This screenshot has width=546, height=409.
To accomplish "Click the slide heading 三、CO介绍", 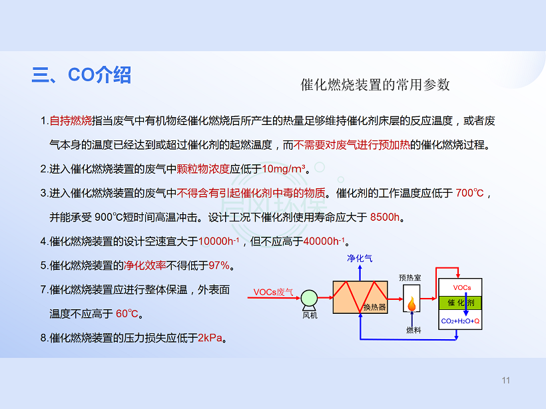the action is coord(81,74).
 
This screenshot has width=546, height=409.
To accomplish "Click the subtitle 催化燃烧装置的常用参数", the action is coord(376,84).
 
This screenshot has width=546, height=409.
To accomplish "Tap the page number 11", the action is coord(506,380).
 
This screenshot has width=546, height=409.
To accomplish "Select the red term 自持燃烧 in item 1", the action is coord(71,120).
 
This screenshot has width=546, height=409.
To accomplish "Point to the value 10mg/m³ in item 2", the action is coord(284,169).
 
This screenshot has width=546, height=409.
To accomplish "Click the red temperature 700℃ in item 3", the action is coord(469,193).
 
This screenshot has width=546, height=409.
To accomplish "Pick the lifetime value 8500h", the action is coord(384,217).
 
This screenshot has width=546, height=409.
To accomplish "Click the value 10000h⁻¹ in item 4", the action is coord(218,241).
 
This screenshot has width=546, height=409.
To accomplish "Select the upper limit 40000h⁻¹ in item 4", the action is coord(324,241).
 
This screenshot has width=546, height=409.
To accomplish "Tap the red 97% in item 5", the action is coord(219,265).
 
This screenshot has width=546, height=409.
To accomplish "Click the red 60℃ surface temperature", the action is coord(127,314).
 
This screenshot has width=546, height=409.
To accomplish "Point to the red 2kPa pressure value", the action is coord(210,338).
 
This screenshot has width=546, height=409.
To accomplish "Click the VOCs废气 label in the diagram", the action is coord(274,292).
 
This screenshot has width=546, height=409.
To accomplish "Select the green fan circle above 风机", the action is coord(309,298).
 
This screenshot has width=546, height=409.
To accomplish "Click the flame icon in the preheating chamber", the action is coord(411,304).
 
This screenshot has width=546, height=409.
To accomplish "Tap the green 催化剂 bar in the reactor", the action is coord(460,303).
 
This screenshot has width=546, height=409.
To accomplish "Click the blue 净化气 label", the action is coord(360,259).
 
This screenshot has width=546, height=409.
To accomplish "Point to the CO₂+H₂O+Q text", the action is coord(460,321).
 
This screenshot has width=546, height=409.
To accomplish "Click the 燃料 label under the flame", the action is coord(413,330).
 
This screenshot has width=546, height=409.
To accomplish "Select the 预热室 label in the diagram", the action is coord(410,277).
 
